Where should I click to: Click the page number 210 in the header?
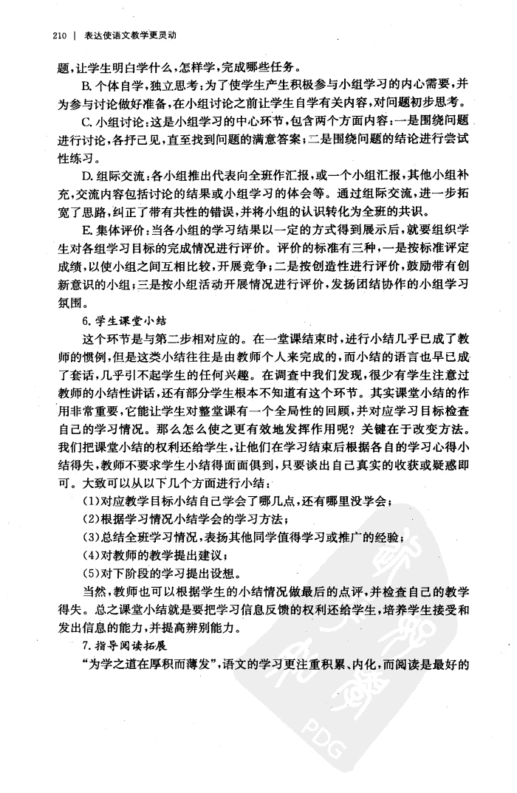pyautogui.click(x=61, y=35)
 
